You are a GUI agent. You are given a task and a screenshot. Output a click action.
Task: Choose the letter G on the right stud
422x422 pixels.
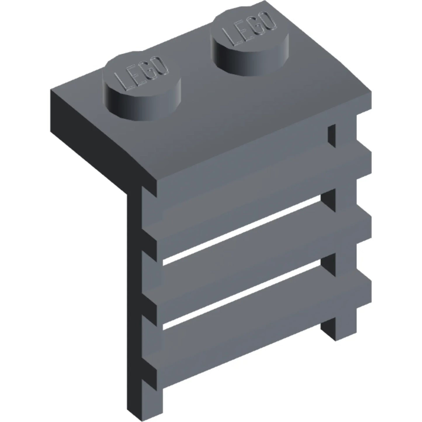pyautogui.click(x=256, y=25)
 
